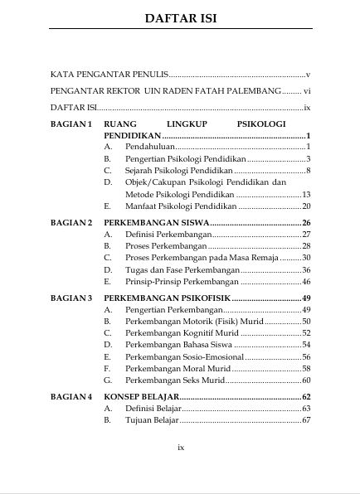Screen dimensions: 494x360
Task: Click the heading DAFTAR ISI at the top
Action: [x=180, y=18]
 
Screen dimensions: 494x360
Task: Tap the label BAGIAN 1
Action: [x=71, y=123]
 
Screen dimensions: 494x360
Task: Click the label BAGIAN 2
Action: [x=71, y=223]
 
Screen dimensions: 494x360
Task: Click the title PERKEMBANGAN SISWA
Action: [x=156, y=223]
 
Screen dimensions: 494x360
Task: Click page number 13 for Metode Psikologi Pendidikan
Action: [x=305, y=194]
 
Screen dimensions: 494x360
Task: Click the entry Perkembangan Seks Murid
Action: [x=175, y=380]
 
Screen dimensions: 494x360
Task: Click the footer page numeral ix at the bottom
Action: [x=181, y=447]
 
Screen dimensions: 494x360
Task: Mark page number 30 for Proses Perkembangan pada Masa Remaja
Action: [x=305, y=258]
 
